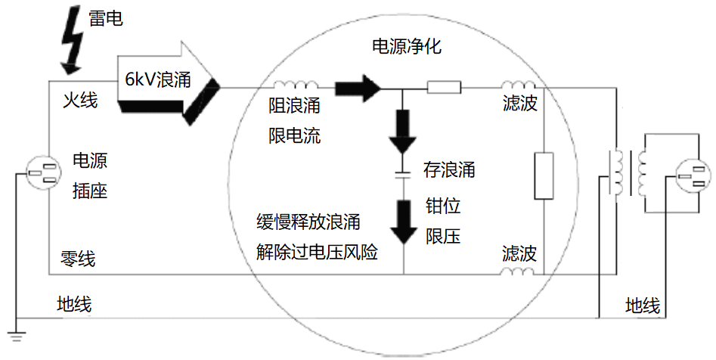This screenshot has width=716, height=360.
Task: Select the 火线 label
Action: [x=79, y=100]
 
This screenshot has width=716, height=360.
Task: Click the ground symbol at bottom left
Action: [x=16, y=331]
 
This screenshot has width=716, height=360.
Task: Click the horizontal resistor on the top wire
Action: [x=444, y=88]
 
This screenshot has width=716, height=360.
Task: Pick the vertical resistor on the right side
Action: [x=544, y=175]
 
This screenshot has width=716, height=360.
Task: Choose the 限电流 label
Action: [x=295, y=136]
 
